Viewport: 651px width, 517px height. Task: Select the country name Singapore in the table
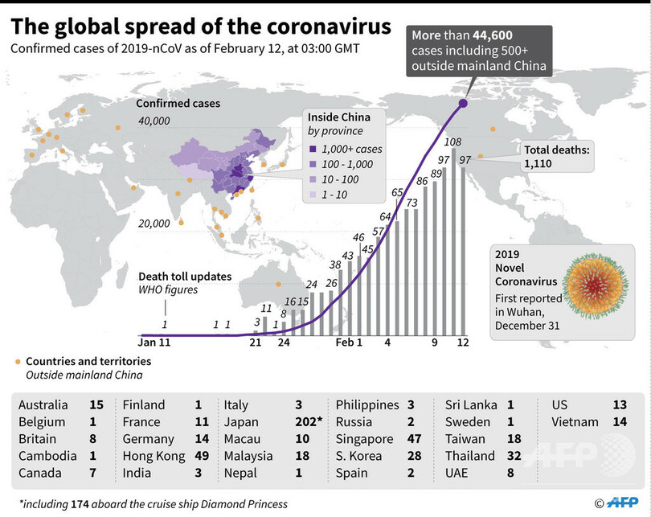coord(365,439)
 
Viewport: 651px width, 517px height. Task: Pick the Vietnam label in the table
coord(575,422)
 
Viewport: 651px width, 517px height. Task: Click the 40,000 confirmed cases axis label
coord(154,121)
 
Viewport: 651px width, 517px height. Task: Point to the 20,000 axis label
coord(154,224)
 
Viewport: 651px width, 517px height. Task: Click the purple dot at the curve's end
coord(463,102)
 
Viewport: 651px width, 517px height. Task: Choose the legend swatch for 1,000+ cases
coord(312,149)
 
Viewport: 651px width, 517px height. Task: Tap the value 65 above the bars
coord(397,193)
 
